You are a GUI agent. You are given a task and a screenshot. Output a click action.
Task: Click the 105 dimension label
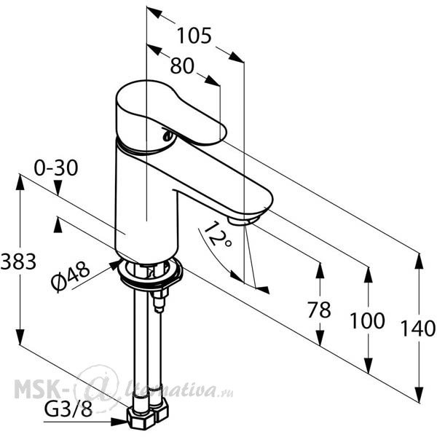194,36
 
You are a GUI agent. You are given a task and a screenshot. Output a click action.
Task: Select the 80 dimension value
182,66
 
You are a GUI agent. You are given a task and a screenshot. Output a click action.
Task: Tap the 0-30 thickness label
56,168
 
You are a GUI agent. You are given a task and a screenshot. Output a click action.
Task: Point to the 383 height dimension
18,261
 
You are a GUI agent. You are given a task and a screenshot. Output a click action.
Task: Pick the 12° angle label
218,235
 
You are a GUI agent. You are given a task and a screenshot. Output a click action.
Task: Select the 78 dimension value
319,310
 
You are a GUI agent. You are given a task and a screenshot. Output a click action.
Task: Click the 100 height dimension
367,320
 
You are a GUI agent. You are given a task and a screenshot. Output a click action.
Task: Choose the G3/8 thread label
68,409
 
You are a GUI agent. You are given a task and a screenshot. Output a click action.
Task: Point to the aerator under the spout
243,220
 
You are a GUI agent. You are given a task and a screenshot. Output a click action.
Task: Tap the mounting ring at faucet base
151,275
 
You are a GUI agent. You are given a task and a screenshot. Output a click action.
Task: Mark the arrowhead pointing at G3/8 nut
120,422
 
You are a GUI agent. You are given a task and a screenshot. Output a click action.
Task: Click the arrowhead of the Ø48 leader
114,264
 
